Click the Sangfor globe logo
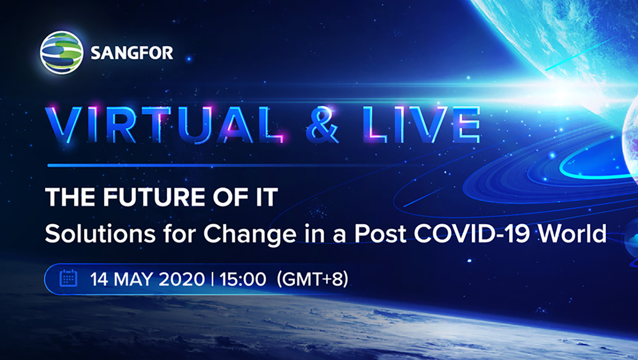(62, 53)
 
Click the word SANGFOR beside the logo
(132, 53)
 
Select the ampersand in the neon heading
(322, 125)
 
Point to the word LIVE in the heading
(422, 125)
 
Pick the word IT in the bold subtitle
(267, 197)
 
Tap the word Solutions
(100, 234)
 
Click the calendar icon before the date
(68, 278)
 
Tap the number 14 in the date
(99, 279)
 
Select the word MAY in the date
(134, 279)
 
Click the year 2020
(182, 279)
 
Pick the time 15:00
(242, 279)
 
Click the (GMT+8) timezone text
(313, 279)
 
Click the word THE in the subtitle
(70, 197)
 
